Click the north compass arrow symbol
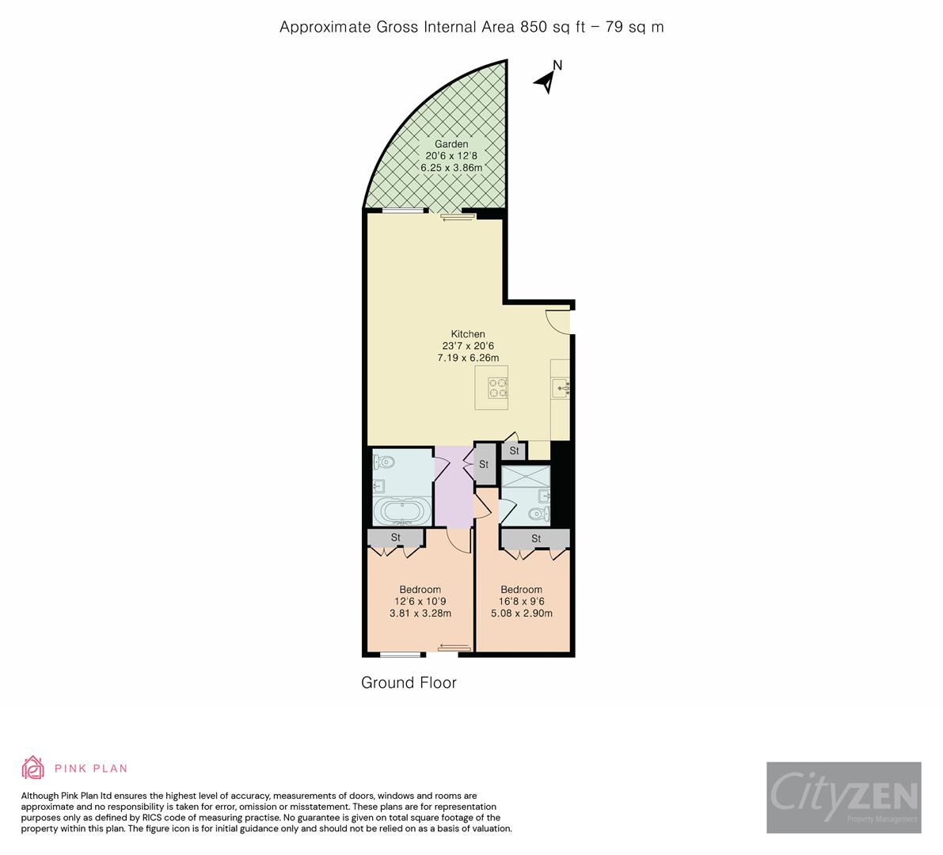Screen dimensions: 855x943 pos(546,80)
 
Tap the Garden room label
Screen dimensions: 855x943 pos(451,144)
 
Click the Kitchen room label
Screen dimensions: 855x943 pos(468,334)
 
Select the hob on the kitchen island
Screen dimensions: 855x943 pos(498,387)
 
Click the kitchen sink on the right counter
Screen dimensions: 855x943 pos(561,387)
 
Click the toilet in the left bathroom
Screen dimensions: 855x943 pos(384,461)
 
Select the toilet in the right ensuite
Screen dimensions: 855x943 pos(538,515)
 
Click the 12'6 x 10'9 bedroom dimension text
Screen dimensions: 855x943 pos(420,602)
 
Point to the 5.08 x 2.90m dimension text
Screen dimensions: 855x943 pos(521,614)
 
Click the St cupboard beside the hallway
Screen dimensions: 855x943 pos(483,464)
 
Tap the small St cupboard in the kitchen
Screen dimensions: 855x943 pos(514,451)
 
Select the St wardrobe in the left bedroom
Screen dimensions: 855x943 pos(396,538)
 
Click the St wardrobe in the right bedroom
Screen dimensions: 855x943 pos(535,539)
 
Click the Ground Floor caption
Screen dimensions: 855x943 pos(409,682)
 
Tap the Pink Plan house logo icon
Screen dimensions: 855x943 pos(32,768)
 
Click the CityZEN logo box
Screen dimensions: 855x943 pos(843,797)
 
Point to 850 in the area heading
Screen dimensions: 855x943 pos(534,27)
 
